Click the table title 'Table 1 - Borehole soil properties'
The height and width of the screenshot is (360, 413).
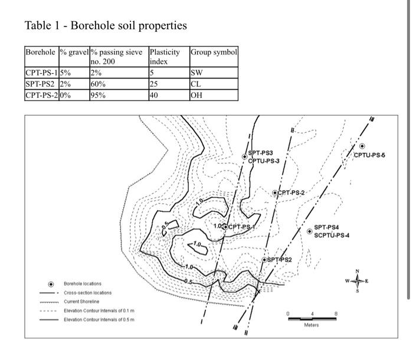coord(106,25)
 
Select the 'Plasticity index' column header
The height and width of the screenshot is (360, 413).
coord(164,57)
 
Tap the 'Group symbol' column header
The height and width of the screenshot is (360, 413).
coord(214,53)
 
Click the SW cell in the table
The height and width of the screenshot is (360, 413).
coord(196,74)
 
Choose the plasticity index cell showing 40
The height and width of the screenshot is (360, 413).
coord(155,95)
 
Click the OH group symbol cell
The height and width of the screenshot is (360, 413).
coord(197,95)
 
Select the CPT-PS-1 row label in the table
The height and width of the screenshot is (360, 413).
coord(41,74)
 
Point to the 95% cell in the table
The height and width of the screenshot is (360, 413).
coord(98,95)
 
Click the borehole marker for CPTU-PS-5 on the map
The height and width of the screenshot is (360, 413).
coord(362,146)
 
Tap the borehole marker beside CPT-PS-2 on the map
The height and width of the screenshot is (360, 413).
coord(275,193)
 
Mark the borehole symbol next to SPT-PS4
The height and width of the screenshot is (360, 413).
coord(310,231)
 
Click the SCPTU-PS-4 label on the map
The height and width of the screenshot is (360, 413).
coord(332,235)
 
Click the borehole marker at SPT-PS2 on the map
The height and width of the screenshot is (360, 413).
coord(264,260)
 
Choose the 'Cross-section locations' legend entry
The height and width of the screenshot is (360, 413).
coord(87,293)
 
